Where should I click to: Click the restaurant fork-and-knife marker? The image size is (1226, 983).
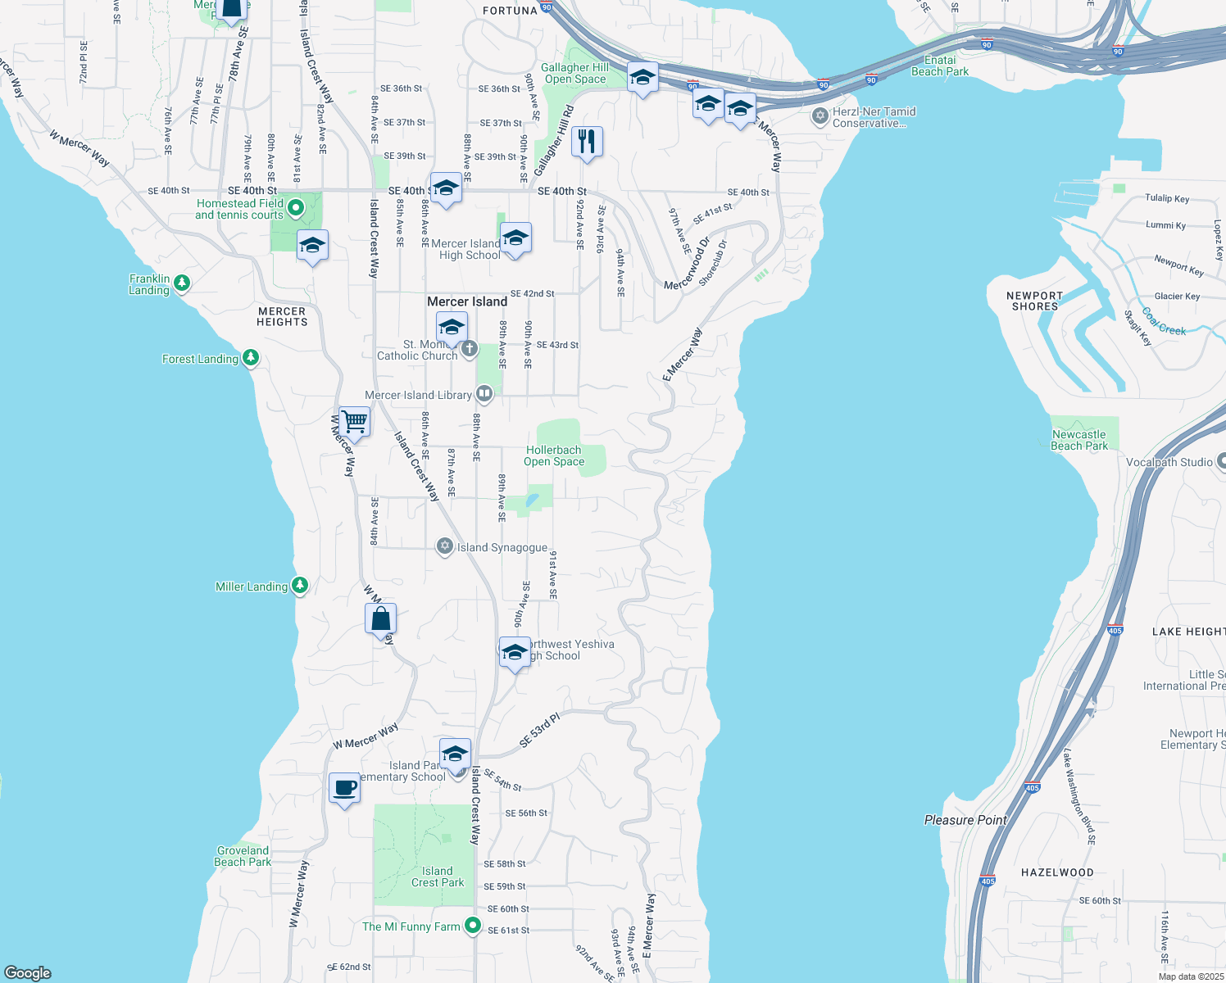[x=586, y=142]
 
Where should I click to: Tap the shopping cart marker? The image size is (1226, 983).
[x=355, y=422]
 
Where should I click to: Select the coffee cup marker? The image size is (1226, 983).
[x=345, y=788]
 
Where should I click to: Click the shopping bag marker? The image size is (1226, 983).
[x=381, y=618]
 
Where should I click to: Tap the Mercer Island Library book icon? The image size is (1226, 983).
[x=484, y=395]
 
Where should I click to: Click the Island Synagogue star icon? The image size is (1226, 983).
[x=444, y=546]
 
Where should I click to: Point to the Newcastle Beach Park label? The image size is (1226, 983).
[x=1079, y=441]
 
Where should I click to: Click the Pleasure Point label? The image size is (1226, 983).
[x=965, y=820]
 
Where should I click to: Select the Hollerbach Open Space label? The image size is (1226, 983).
[x=554, y=456]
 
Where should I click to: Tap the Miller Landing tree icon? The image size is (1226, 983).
[x=300, y=585]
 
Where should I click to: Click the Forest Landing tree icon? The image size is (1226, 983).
[x=251, y=358]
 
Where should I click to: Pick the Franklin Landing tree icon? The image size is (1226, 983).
[x=182, y=283]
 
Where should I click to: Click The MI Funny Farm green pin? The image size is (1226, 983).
[x=473, y=926]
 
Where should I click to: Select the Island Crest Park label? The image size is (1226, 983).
[x=438, y=877]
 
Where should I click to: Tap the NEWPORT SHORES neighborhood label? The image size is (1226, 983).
[x=1035, y=301]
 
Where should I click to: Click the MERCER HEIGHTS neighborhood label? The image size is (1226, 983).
[x=282, y=316]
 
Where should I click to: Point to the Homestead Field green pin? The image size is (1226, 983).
[x=296, y=208]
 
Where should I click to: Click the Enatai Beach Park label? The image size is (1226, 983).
[x=940, y=66]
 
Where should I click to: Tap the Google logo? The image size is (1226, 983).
[x=28, y=973]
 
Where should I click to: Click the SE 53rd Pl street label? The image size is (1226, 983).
[x=540, y=730]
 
